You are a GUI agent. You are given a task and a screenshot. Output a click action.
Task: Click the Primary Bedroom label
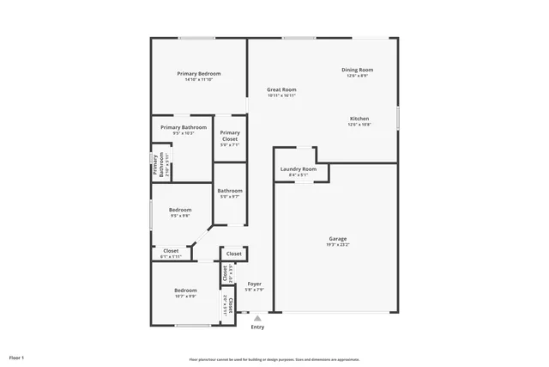[x=199, y=74]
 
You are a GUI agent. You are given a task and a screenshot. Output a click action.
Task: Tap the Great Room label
[x=281, y=89]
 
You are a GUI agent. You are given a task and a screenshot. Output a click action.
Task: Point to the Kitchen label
[x=359, y=119]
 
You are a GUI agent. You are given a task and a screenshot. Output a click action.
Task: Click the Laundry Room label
[x=298, y=169]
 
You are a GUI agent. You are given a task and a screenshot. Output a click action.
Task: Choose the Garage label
[x=338, y=238]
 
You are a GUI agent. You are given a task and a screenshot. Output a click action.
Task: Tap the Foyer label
[x=255, y=284]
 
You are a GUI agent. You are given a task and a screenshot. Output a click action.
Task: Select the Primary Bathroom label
[x=184, y=127]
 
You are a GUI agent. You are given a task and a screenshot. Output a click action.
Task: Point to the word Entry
[x=257, y=327]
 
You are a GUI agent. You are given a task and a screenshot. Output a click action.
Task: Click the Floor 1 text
[x=17, y=357]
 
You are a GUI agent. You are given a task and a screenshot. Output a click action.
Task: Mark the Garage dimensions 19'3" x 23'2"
[x=338, y=245]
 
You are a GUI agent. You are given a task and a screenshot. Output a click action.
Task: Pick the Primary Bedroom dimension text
[x=199, y=80]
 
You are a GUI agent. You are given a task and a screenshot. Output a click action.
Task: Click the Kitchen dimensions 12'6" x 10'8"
[x=359, y=125]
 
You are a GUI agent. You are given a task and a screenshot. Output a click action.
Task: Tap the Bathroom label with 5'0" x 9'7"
[x=229, y=191]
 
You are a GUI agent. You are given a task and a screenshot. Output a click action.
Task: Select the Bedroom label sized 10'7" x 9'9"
[x=186, y=290]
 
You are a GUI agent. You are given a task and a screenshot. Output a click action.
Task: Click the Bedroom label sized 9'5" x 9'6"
[x=179, y=210]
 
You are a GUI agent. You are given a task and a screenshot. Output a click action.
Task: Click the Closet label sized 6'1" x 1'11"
[x=171, y=251]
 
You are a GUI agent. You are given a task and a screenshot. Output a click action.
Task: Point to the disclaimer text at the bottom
[x=274, y=360]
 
